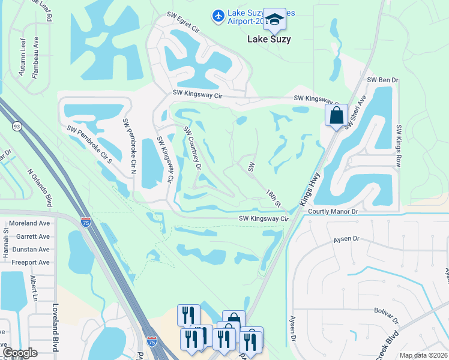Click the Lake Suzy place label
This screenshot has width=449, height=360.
pos(269,40)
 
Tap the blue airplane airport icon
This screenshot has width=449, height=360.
pos(217,14)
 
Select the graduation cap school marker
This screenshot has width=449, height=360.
pos(274,20)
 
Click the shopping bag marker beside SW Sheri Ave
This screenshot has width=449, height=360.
pos(336,115)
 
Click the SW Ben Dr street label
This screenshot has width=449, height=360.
pos(382,79)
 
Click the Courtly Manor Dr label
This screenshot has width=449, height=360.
pos(333,211)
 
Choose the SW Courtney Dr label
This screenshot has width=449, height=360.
pos(192,148)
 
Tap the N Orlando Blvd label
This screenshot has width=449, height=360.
pos(40,186)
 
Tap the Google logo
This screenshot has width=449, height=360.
pos(20,353)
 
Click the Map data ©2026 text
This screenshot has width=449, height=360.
pos(423,355)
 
